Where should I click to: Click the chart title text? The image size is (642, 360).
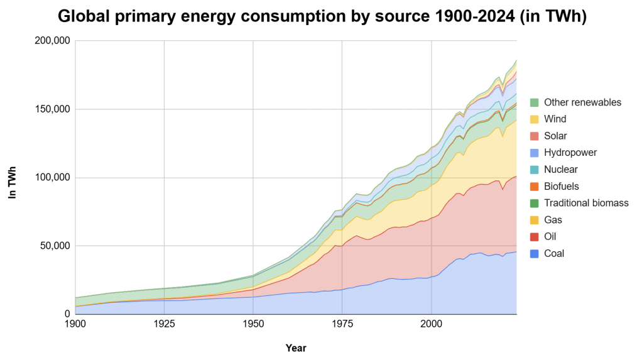pyautogui.click(x=322, y=17)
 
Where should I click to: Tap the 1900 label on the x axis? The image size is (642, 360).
pyautogui.click(x=75, y=324)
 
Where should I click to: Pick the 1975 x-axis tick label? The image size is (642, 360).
pyautogui.click(x=342, y=324)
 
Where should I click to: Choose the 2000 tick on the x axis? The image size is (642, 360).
pyautogui.click(x=431, y=324)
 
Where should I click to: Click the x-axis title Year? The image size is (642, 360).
pyautogui.click(x=296, y=347)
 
